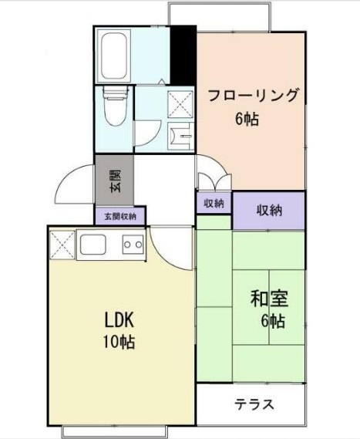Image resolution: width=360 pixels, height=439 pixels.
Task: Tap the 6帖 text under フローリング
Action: tap(247, 119)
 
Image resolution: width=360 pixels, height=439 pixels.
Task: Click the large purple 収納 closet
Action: tap(268, 210)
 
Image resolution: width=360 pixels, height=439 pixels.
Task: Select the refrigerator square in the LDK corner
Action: tap(62, 246)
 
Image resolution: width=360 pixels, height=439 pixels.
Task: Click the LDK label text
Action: tap(120, 319)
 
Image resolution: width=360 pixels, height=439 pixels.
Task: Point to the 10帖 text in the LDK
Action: tap(119, 341)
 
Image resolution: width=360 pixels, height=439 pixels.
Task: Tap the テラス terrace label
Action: tap(254, 404)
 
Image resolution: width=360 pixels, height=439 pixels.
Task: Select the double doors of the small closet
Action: tap(214, 182)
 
